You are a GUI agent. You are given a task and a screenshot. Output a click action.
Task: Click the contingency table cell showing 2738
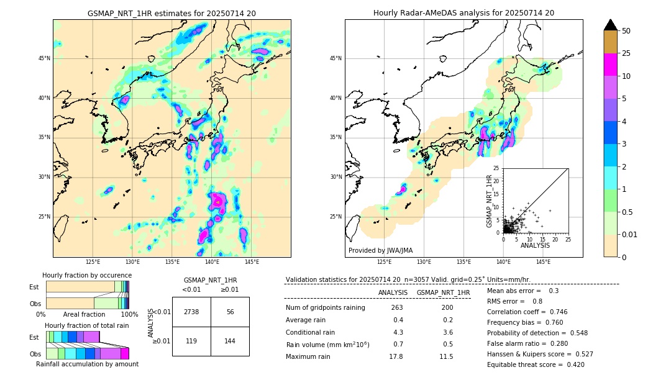click(191, 312)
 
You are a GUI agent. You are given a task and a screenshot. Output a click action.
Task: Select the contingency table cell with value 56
click(230, 312)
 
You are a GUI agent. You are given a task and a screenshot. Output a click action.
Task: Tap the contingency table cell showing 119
click(191, 341)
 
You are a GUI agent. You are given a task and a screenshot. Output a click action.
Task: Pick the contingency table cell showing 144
click(230, 341)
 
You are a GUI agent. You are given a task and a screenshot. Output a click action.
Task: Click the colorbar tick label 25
click(626, 53)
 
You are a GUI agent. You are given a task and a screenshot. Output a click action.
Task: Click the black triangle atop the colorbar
click(611, 25)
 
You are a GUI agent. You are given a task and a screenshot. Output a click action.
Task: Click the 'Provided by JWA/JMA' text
click(380, 250)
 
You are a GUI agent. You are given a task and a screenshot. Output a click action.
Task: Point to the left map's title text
click(171, 13)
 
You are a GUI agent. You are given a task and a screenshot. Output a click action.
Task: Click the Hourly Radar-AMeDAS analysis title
click(463, 13)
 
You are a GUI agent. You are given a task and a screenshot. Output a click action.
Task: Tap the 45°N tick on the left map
click(44, 58)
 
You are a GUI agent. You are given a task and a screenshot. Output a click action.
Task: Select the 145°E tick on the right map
click(543, 262)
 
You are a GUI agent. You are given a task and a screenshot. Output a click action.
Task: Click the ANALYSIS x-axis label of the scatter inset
click(535, 245)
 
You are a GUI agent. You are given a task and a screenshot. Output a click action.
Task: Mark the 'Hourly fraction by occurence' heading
click(87, 275)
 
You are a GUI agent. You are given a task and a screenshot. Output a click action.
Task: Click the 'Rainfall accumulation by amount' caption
click(87, 364)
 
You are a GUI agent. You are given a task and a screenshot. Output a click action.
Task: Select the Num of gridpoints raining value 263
click(397, 308)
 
